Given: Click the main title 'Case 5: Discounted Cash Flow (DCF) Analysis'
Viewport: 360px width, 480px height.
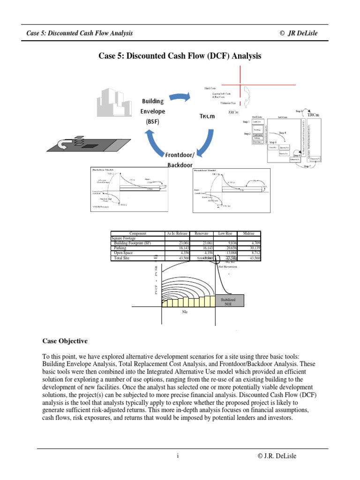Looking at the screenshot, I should [180, 56].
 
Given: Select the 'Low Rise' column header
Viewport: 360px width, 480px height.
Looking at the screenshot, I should [225, 233].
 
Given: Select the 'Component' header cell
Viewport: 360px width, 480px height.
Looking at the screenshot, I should [138, 233].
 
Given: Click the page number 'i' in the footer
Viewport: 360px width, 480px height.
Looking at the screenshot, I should [178, 456].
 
